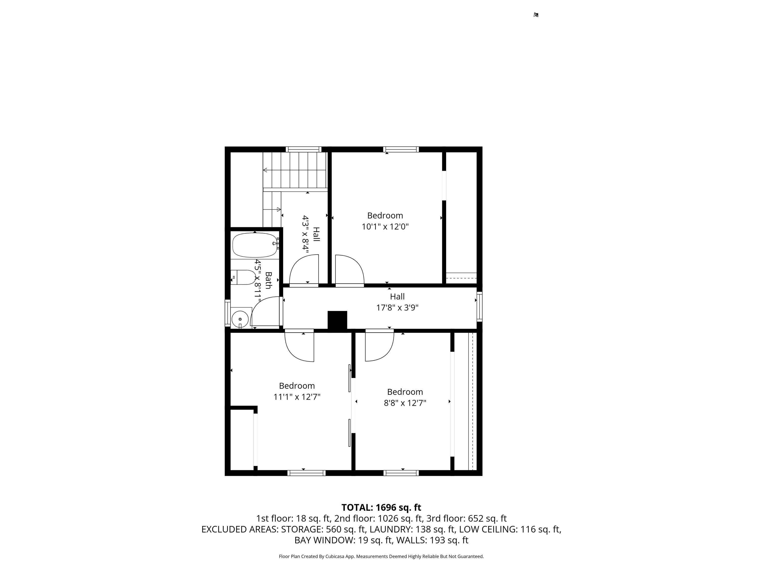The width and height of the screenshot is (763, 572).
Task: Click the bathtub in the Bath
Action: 255,245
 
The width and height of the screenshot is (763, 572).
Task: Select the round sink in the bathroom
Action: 240,319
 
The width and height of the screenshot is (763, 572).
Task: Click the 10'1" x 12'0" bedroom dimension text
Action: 385,227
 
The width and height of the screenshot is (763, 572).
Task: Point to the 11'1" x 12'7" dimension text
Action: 297,397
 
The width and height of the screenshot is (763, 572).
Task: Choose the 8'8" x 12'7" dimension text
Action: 405,403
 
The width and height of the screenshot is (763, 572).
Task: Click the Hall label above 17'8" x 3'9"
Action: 397,296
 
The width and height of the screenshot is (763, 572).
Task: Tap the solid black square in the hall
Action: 337,320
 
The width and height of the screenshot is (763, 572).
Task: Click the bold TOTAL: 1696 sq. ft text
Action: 381,507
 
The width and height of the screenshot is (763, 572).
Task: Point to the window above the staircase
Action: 303,149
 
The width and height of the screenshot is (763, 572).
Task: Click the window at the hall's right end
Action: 479,307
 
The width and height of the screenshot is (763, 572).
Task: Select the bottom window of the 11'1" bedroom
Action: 306,473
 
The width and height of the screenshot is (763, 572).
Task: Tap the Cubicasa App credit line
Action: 381,556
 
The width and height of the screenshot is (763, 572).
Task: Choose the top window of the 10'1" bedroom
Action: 401,149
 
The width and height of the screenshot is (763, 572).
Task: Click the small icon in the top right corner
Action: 536,15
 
